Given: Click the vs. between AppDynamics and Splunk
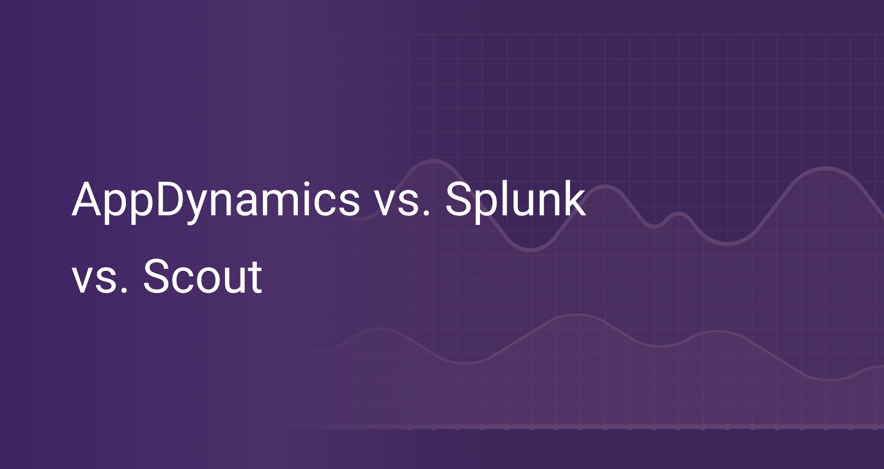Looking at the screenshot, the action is pos(402,205).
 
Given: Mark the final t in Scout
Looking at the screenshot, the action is pos(255,277).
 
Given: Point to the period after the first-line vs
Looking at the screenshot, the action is pos(426,214).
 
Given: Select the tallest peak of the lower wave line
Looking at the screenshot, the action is pos(577,315).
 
